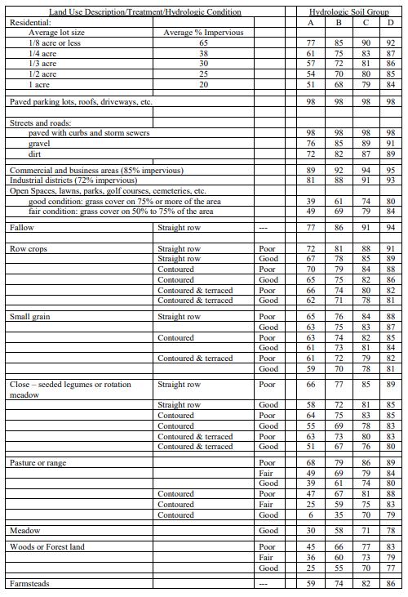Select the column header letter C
pyautogui.click(x=369, y=22)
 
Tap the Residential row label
pyautogui.click(x=29, y=22)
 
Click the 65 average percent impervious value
pyautogui.click(x=203, y=42)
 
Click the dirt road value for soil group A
pyautogui.click(x=310, y=153)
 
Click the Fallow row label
pyautogui.click(x=22, y=228)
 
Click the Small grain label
pyautogui.click(x=30, y=316)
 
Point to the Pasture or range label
pyautogui.click(x=38, y=463)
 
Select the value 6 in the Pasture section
pyautogui.click(x=311, y=514)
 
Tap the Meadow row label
pyautogui.click(x=24, y=531)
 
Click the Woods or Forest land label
pyautogui.click(x=47, y=547)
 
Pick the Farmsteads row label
pyautogui.click(x=29, y=584)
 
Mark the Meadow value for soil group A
pyautogui.click(x=310, y=531)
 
